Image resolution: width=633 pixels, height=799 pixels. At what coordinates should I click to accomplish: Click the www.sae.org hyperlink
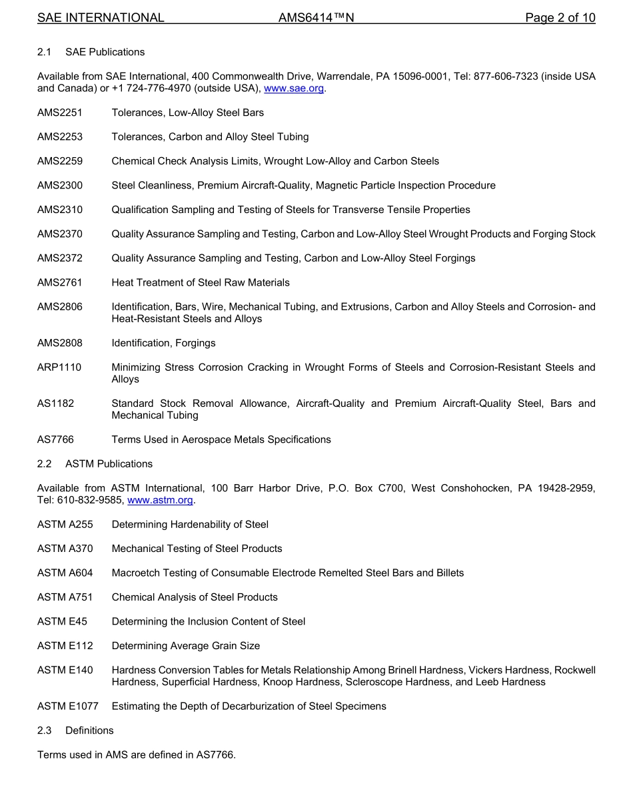click(x=294, y=89)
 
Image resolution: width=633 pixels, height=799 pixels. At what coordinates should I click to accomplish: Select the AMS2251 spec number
click(x=60, y=113)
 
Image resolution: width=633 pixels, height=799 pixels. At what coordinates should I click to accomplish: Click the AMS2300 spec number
click(x=60, y=185)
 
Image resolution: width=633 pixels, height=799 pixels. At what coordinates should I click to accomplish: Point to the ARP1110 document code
click(x=59, y=367)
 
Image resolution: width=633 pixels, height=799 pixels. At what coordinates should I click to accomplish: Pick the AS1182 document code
click(x=55, y=403)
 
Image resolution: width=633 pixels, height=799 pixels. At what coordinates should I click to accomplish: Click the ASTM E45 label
click(x=62, y=621)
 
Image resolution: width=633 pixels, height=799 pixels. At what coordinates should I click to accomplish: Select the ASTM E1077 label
click(x=67, y=706)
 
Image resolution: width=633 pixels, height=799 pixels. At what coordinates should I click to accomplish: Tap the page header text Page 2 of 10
click(x=560, y=18)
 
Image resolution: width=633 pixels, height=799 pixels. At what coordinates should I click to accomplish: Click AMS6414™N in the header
click(x=316, y=18)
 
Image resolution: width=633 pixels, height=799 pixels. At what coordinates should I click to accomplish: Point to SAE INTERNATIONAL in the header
click(x=101, y=18)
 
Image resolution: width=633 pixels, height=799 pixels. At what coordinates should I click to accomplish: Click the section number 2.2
click(x=45, y=463)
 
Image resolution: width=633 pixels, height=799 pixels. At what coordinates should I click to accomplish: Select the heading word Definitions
click(x=89, y=730)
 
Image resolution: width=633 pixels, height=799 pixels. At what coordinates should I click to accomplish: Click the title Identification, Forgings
click(x=163, y=343)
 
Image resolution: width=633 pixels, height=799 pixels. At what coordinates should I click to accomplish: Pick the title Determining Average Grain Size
click(x=186, y=646)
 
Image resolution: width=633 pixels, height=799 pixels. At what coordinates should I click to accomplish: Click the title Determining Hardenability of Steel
click(x=190, y=525)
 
